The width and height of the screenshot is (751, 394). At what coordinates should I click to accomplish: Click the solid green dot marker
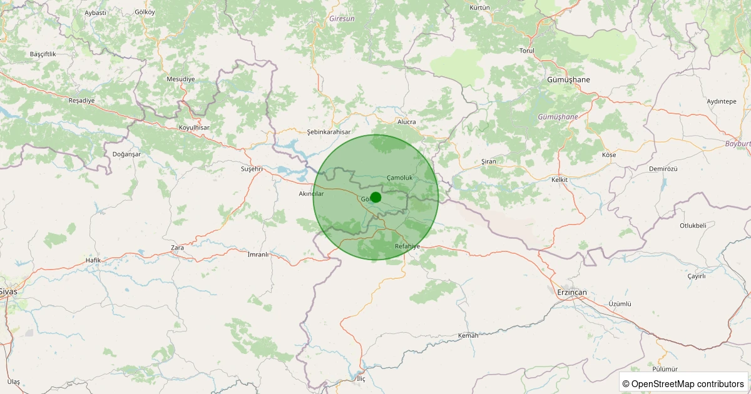click(375, 198)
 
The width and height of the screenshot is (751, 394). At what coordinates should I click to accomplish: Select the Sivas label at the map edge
click(9, 291)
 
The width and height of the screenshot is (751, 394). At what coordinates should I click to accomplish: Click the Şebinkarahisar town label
click(329, 133)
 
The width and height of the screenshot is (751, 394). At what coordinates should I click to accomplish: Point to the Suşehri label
click(252, 169)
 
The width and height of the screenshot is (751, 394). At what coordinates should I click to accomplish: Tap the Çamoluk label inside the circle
click(399, 178)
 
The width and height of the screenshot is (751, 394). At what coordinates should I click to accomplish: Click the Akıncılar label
click(312, 194)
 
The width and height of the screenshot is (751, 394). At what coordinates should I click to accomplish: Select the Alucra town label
click(407, 122)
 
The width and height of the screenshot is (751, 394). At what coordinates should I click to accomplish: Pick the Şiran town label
click(488, 161)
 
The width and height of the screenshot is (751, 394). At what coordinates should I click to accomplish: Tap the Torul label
click(527, 51)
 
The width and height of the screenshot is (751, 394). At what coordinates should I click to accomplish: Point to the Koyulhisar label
click(194, 128)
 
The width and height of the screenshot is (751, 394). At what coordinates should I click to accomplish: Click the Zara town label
click(178, 248)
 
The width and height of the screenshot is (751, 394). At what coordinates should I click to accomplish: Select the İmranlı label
click(258, 255)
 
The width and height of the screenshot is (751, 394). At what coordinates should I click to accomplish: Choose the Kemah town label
click(468, 336)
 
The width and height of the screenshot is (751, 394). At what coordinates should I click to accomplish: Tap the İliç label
click(360, 380)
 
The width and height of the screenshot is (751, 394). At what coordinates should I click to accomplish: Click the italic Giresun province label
click(342, 19)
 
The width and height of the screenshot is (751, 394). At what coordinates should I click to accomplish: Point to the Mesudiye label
click(181, 79)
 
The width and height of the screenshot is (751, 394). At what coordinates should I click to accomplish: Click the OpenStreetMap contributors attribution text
click(684, 383)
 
